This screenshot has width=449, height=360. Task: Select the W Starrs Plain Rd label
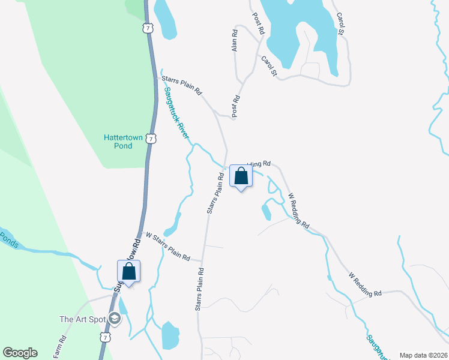point(168,247)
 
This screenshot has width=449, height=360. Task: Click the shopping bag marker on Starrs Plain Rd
point(241,176)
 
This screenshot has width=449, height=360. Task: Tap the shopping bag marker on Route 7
point(129,272)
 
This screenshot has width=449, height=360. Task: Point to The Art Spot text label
point(82,319)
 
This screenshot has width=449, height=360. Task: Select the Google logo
point(20,353)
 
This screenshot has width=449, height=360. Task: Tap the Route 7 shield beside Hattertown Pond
point(153,139)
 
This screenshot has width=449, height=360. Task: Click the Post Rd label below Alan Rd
point(237,107)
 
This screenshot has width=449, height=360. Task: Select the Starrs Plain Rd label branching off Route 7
point(181,83)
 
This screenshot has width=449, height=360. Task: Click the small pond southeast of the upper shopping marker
point(266,212)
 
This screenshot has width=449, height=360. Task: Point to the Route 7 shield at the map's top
point(148,28)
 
